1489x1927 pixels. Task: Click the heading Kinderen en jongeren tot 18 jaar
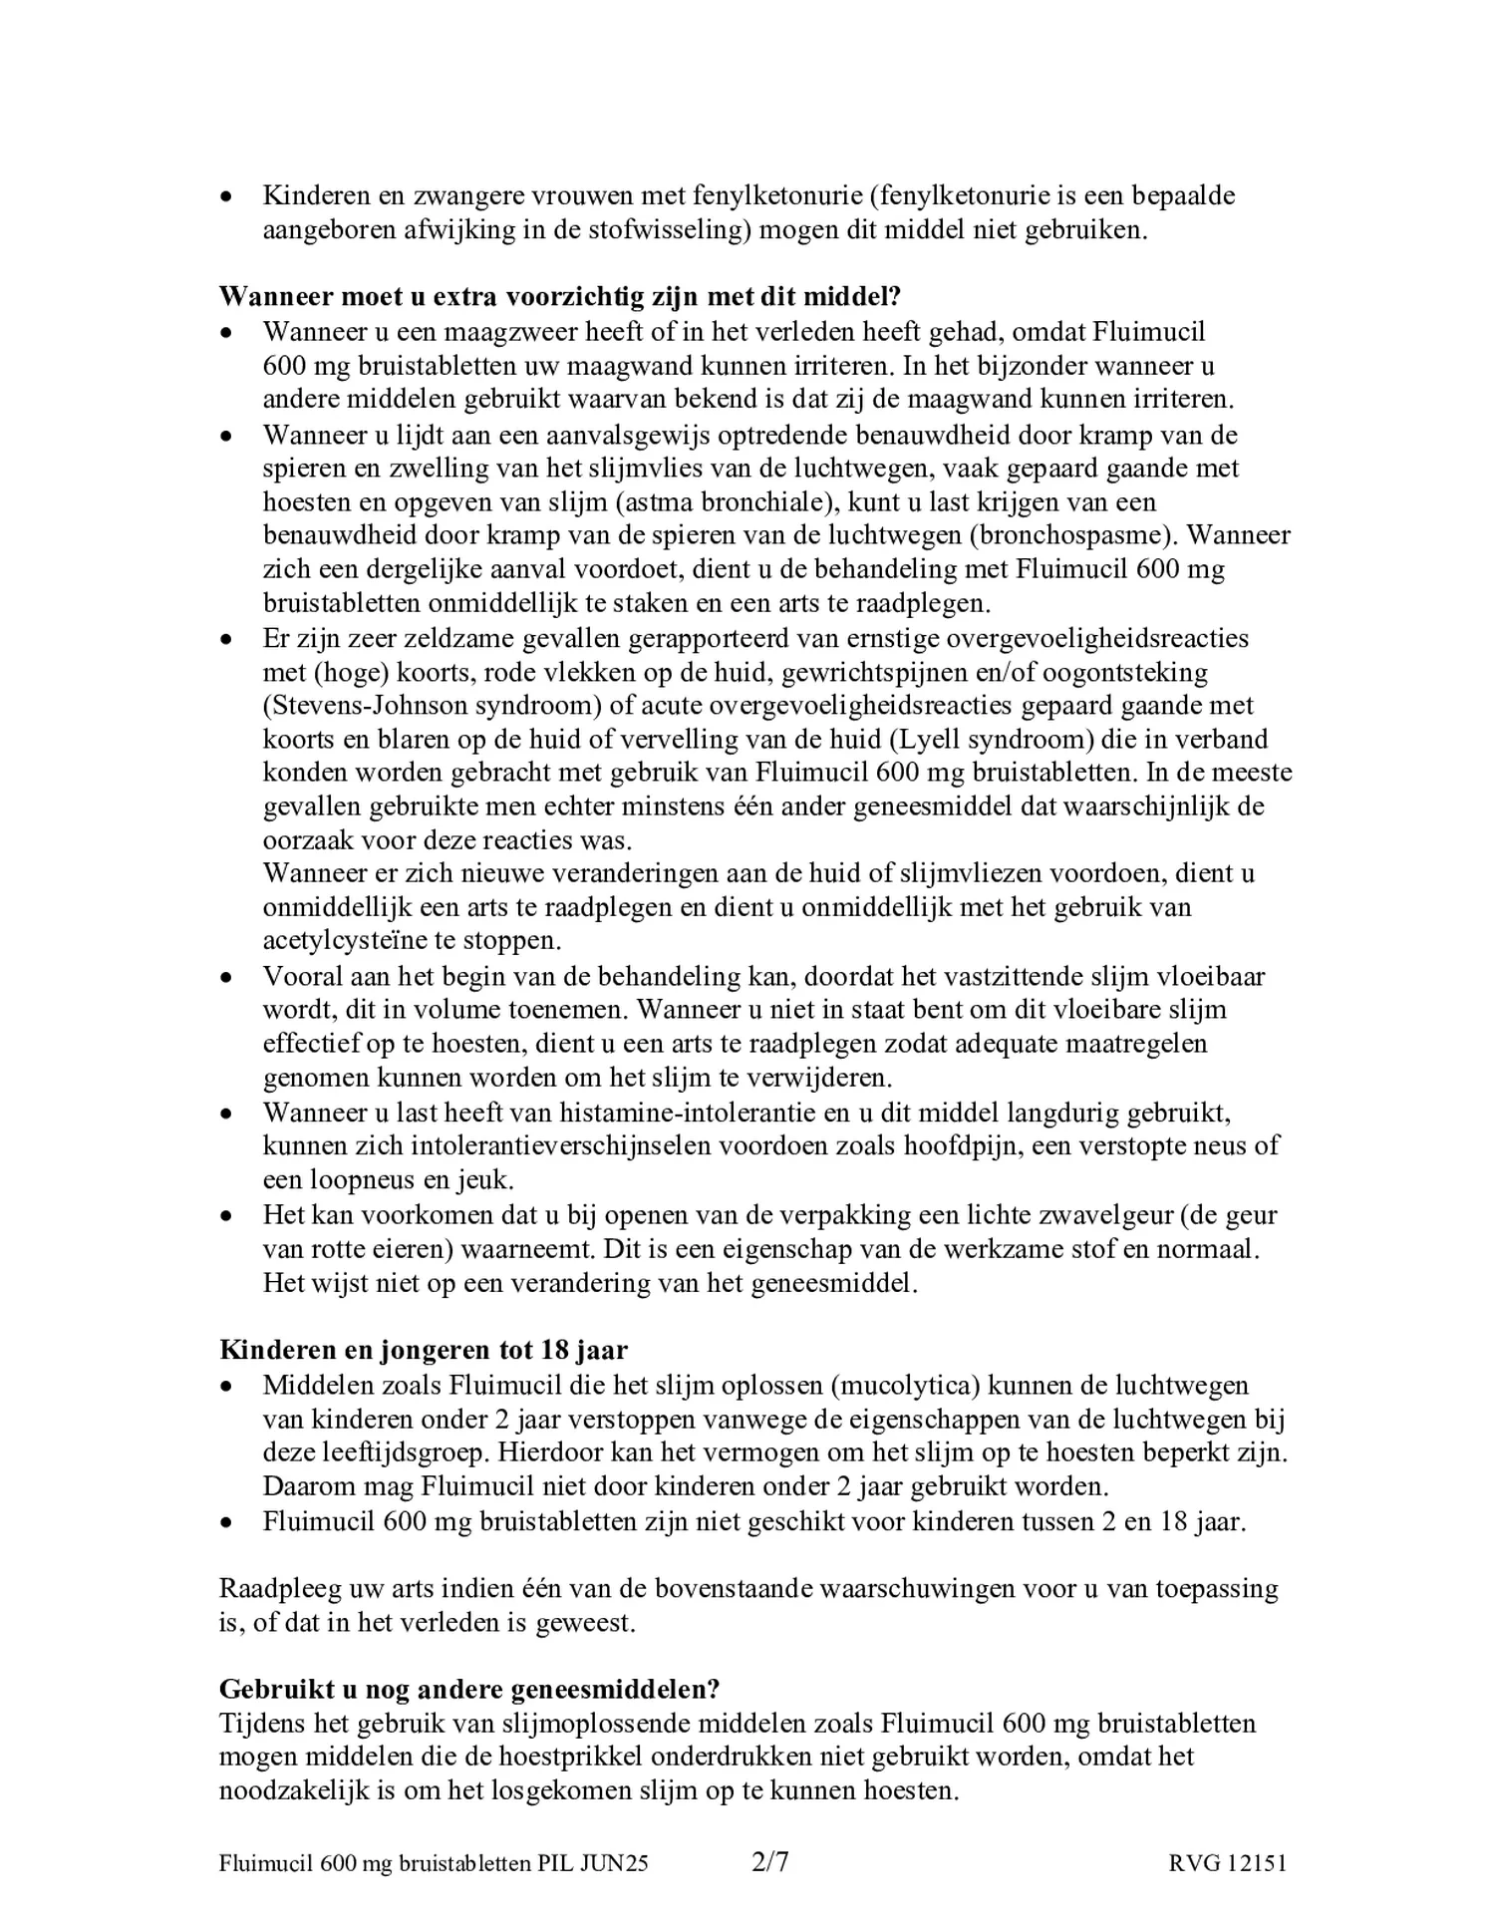424,1351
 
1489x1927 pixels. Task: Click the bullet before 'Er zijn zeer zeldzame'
227,639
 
